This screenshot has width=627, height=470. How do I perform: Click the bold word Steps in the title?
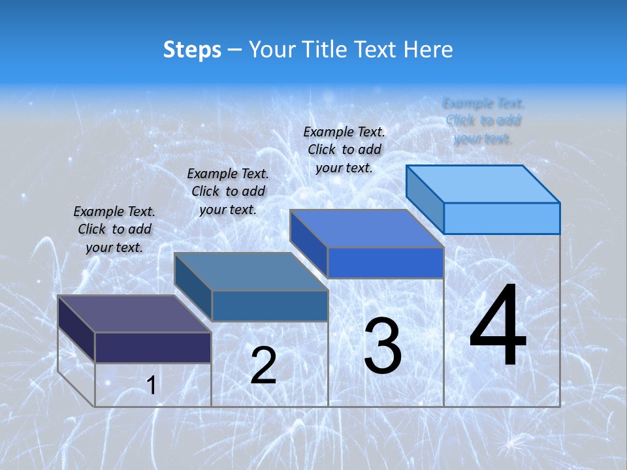(191, 50)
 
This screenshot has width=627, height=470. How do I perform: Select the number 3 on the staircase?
(383, 346)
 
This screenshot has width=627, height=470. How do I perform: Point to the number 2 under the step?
(263, 366)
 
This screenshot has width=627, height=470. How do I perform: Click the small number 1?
(151, 386)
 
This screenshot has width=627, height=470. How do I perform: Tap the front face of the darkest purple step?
(153, 347)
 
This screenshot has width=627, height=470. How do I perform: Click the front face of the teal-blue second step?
(270, 305)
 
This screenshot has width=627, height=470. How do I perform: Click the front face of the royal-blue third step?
(385, 262)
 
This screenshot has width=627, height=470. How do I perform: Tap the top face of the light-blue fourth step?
(483, 183)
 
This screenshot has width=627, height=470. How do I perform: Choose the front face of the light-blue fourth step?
(502, 218)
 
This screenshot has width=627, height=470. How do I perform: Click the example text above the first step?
(114, 229)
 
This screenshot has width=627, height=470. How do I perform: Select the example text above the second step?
(228, 191)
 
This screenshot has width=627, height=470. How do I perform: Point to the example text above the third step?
(344, 149)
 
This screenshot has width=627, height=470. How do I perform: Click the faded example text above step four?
(483, 121)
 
